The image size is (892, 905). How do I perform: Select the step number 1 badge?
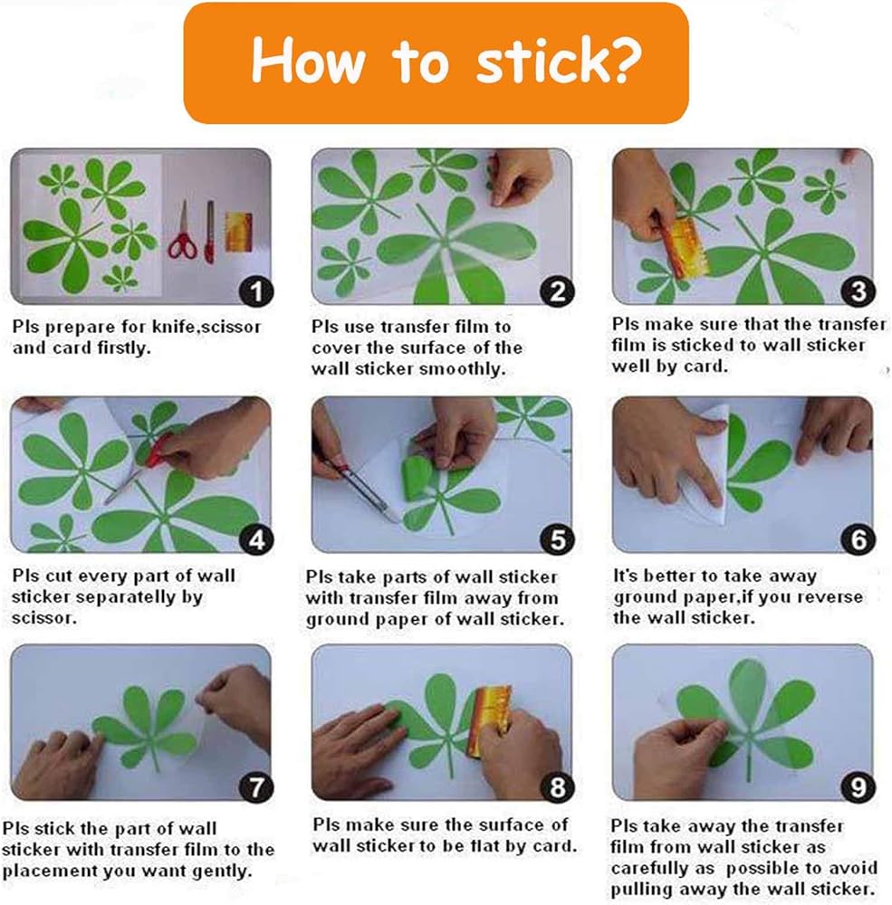click(x=256, y=291)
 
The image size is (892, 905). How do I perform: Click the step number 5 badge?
click(x=557, y=539)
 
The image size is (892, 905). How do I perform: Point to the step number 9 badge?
click(x=858, y=787)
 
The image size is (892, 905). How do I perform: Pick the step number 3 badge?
click(x=858, y=291)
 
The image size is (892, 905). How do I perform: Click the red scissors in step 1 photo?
click(x=183, y=231)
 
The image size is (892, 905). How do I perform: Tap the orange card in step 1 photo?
click(x=239, y=232)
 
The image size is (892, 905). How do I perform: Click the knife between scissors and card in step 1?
click(x=210, y=232)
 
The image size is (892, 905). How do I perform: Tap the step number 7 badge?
click(x=256, y=787)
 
